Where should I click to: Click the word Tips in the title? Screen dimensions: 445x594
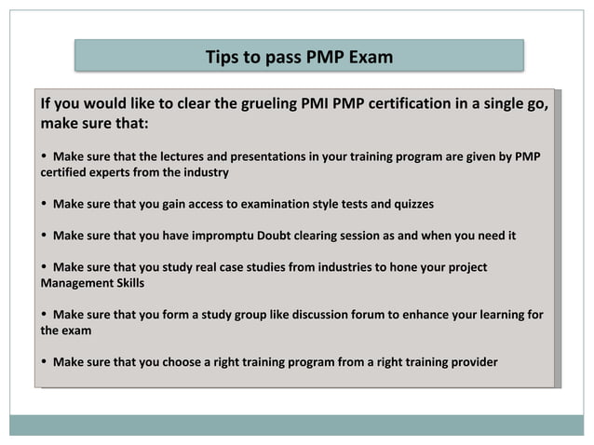(x=223, y=57)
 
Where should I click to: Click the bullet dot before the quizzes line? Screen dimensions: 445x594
(x=44, y=204)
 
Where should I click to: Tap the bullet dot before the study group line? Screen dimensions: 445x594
(x=44, y=315)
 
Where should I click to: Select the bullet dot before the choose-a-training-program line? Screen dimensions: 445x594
(x=44, y=361)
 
